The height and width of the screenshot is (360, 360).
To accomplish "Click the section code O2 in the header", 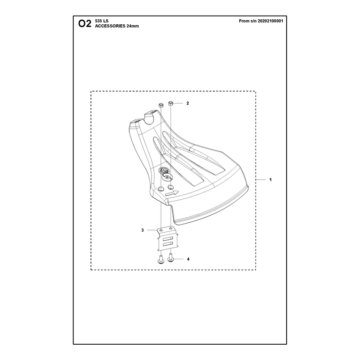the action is click(x=85, y=23).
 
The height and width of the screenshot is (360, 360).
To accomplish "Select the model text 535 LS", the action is click(x=102, y=21).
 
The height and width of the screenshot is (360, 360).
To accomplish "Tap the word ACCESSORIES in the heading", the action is click(x=110, y=26).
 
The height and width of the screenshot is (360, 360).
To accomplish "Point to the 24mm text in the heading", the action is click(x=133, y=26).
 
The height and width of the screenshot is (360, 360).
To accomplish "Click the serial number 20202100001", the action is click(x=270, y=21).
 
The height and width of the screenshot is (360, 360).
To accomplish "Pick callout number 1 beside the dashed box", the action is click(x=270, y=180).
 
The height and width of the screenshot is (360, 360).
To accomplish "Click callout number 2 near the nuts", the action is click(x=188, y=103).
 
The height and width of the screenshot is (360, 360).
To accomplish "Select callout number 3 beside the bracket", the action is click(x=143, y=230).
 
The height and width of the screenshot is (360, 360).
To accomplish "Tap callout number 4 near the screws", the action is click(x=188, y=259).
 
